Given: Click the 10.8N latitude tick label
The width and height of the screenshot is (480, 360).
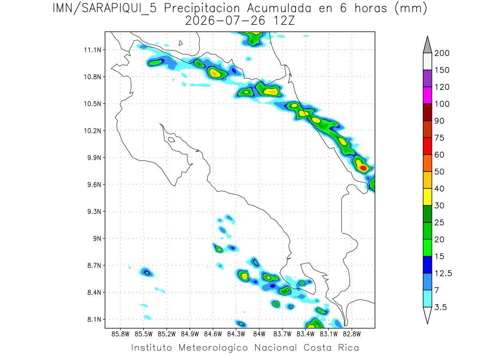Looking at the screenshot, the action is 92,77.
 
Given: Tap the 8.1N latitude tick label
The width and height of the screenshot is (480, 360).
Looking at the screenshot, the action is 94,320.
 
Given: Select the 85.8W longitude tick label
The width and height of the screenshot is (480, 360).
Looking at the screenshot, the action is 120,334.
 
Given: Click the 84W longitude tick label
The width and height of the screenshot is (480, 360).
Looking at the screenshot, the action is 259,334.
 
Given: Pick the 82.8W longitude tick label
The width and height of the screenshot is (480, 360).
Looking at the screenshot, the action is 352,334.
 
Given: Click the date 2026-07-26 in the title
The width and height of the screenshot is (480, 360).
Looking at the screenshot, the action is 225,21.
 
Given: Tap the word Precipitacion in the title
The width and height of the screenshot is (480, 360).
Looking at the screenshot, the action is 202,9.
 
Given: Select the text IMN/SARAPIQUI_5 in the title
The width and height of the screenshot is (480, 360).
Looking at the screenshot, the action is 104,9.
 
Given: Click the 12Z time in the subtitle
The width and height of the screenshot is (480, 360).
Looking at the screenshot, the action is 284,21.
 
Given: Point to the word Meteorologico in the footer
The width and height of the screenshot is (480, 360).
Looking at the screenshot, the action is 213,348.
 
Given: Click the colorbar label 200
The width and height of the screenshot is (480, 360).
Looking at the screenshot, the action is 442,53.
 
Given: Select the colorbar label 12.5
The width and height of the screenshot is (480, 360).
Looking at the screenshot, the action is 443,274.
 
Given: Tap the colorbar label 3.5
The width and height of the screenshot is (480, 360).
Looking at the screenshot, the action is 440,307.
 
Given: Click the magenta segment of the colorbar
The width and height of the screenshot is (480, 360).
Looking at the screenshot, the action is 428,95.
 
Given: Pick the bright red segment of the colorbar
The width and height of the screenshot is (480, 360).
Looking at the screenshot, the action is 428,146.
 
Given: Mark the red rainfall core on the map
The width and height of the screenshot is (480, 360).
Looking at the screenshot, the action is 363,168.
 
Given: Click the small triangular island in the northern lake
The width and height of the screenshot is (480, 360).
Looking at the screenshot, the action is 180,43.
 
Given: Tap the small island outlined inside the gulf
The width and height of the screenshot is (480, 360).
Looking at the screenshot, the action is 172,140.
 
